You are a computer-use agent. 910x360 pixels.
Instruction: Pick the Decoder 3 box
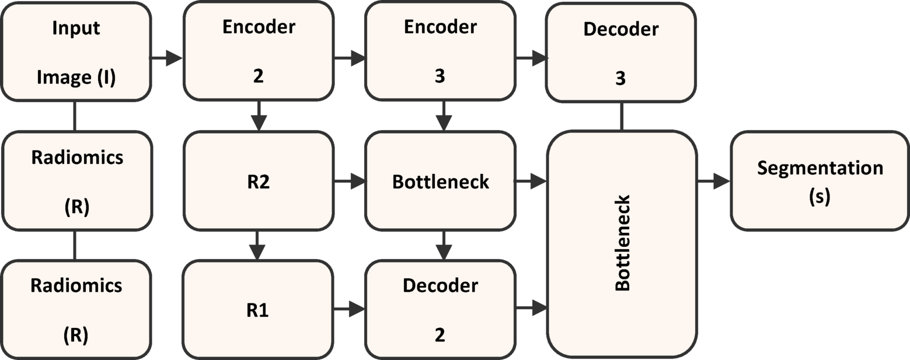click(x=620, y=53)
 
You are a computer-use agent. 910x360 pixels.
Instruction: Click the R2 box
click(x=259, y=180)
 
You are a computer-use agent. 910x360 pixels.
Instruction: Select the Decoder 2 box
click(x=440, y=310)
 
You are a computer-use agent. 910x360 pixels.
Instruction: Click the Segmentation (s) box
click(x=820, y=180)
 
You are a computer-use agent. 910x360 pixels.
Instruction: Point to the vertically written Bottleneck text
click(x=622, y=243)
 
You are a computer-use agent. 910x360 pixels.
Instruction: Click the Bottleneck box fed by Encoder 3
click(x=440, y=180)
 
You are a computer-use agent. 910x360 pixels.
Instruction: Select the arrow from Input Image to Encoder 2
click(x=167, y=58)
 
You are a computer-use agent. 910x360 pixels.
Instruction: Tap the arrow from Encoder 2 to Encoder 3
click(x=349, y=58)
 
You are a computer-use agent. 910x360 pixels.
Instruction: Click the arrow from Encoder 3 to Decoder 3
click(x=531, y=58)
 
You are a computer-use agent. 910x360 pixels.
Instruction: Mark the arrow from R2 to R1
click(x=258, y=245)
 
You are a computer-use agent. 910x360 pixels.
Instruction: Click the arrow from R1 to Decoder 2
click(x=349, y=309)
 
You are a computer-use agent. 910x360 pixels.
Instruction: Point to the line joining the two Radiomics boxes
click(x=75, y=245)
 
